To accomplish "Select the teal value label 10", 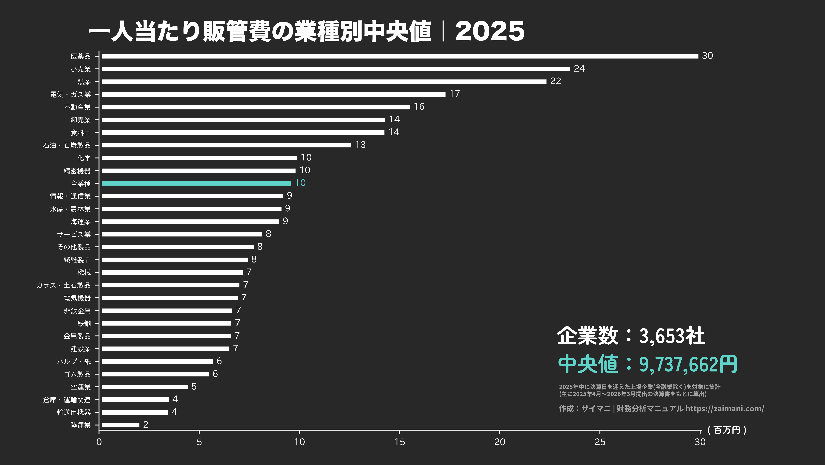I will click(x=300, y=183).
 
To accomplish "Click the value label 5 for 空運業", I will click(x=194, y=387).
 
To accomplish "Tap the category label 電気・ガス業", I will click(x=70, y=94).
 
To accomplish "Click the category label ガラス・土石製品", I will click(x=63, y=285).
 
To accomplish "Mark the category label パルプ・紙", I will click(x=74, y=361).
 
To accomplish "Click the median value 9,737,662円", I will click(x=688, y=364).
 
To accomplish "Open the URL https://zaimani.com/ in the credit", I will click(x=725, y=408).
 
